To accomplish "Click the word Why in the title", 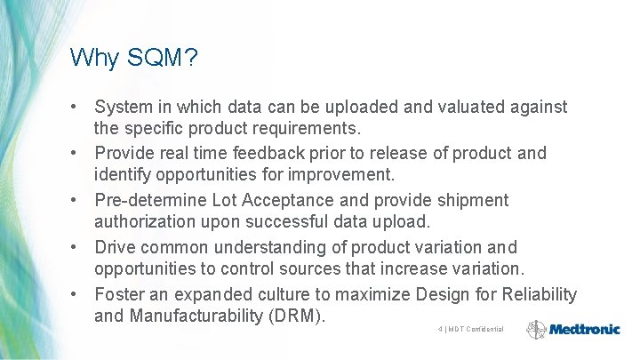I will [93, 59].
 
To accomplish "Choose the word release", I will [393, 154].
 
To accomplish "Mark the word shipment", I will [472, 201].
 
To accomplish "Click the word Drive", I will [114, 247].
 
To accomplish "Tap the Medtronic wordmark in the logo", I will [584, 329].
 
